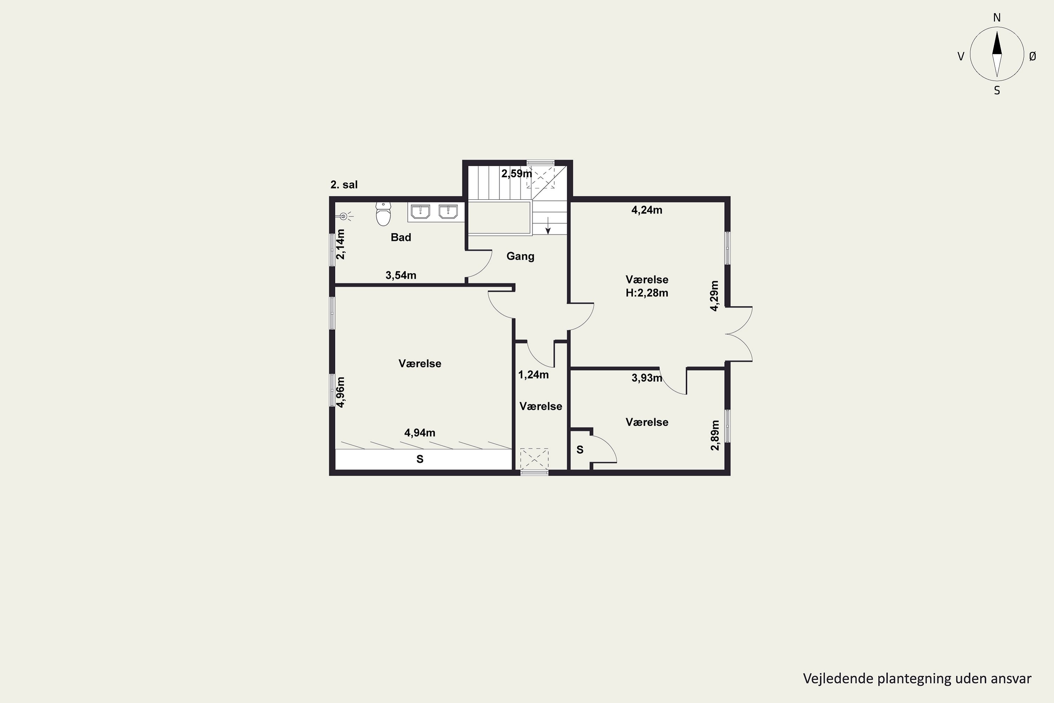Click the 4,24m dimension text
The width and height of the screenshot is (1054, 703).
point(647,210)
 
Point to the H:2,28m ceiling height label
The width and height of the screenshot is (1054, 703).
point(647,293)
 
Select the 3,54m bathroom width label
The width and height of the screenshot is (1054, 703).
point(401,275)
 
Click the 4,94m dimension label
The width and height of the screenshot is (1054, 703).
point(419,433)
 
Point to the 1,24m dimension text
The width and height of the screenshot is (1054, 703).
point(533,374)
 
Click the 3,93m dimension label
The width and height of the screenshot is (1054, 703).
point(647,378)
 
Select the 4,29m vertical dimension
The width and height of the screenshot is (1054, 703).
point(714,296)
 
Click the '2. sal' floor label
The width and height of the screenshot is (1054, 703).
point(344,185)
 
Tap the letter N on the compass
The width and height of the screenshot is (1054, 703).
point(997,18)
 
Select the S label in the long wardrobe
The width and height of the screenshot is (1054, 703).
point(420,459)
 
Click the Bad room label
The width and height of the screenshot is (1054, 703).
point(401,237)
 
